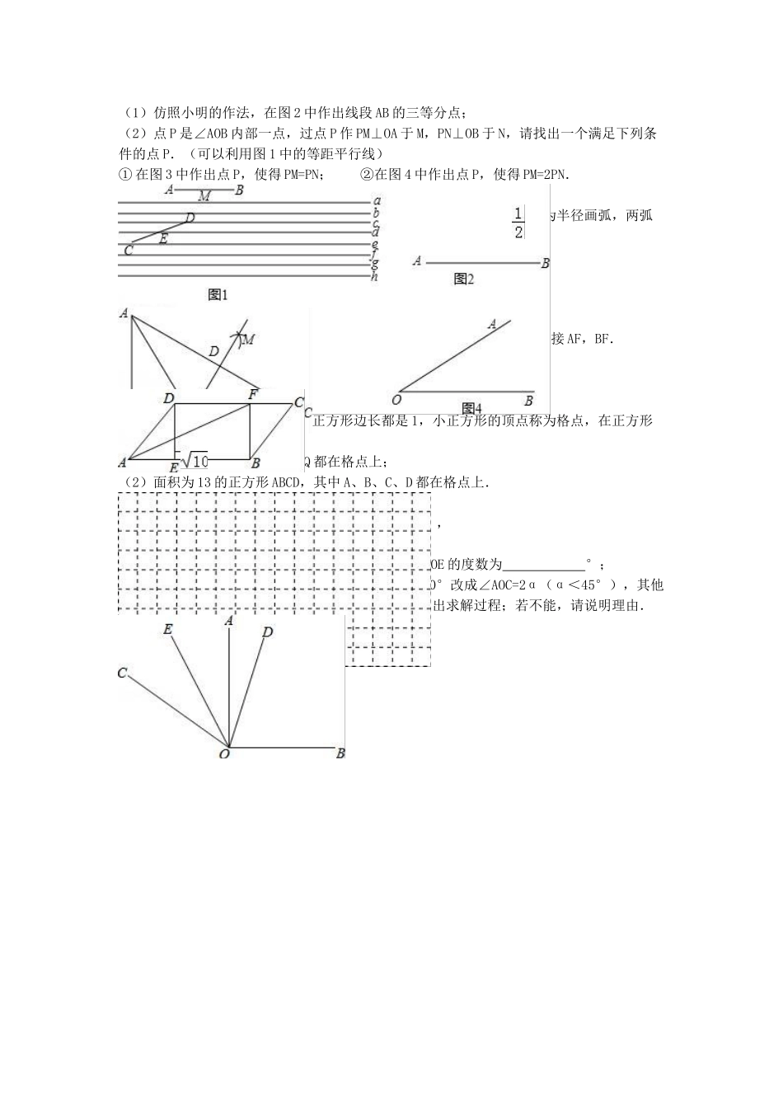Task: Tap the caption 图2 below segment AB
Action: tap(464, 279)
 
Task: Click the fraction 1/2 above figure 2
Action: tap(518, 223)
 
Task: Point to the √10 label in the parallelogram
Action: tap(195, 459)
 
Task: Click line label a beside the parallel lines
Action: tap(376, 200)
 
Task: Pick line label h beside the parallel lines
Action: tap(374, 276)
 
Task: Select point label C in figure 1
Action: tap(128, 250)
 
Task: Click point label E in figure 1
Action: tap(163, 239)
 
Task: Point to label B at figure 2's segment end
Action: tap(545, 264)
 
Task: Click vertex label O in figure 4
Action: tap(396, 401)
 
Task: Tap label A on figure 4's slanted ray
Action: tap(492, 324)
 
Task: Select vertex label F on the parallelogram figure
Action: tap(254, 396)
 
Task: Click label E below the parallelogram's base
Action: tap(173, 467)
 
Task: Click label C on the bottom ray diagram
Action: tap(122, 674)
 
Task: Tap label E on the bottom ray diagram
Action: tap(167, 630)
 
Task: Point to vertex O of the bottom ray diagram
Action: tap(224, 753)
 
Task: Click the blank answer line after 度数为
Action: tap(543, 566)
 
